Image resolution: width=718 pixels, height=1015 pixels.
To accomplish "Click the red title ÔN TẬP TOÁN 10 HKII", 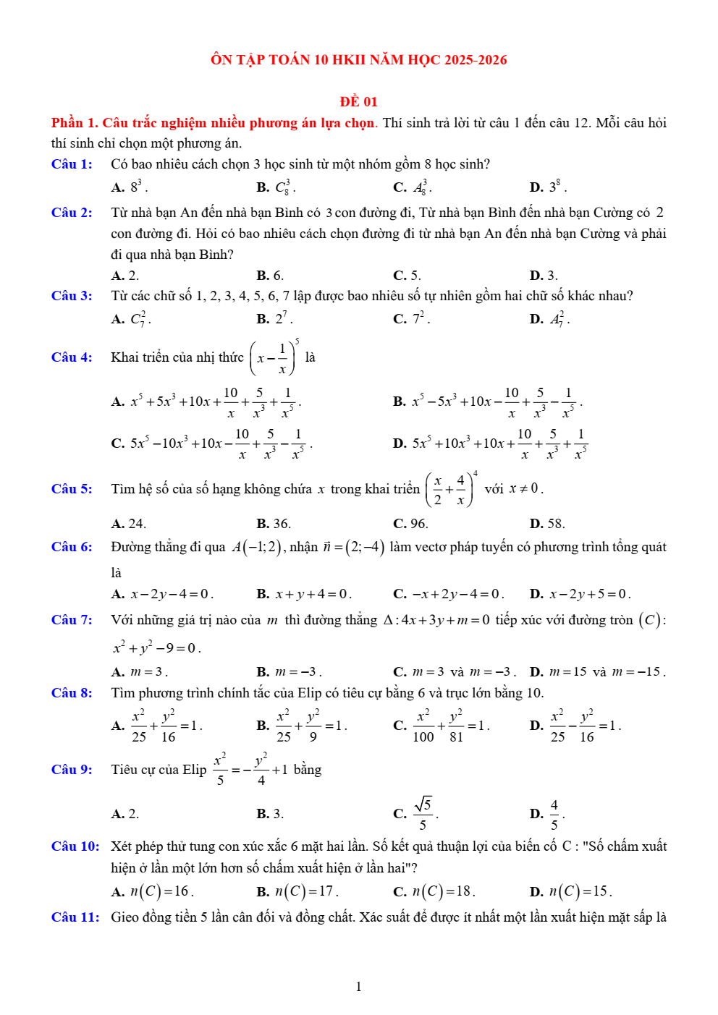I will pos(358,60).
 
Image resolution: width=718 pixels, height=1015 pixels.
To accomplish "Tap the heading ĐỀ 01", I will pos(358,102).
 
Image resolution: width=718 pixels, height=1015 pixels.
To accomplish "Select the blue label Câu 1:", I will pos(72,164).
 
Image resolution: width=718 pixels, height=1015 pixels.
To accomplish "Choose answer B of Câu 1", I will pos(276,187).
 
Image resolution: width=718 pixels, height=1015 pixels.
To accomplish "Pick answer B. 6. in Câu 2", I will pos(270,276).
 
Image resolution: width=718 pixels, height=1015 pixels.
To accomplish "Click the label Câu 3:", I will pos(72,296).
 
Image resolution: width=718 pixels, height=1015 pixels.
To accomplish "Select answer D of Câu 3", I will pos(549,319).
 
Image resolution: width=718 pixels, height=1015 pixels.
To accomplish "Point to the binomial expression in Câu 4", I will pos(274,357).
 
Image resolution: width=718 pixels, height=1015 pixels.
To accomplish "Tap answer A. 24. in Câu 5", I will pos(128,524).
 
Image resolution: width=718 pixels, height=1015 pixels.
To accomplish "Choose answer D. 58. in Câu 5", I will pos(547,524).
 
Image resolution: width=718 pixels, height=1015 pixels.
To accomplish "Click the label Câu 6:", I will pos(72,547).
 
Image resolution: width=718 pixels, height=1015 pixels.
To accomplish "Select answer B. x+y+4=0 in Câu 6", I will pos(304,595).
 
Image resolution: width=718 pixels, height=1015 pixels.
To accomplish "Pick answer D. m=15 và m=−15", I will pos(597,672).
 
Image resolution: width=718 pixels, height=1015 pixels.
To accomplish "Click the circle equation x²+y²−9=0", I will pos(156,647).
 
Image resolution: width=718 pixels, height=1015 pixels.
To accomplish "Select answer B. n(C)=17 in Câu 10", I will pos(297,892).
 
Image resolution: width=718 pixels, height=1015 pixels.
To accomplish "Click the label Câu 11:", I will pos(75,917).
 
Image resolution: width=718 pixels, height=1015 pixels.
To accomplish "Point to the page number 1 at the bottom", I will pos(358,987).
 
